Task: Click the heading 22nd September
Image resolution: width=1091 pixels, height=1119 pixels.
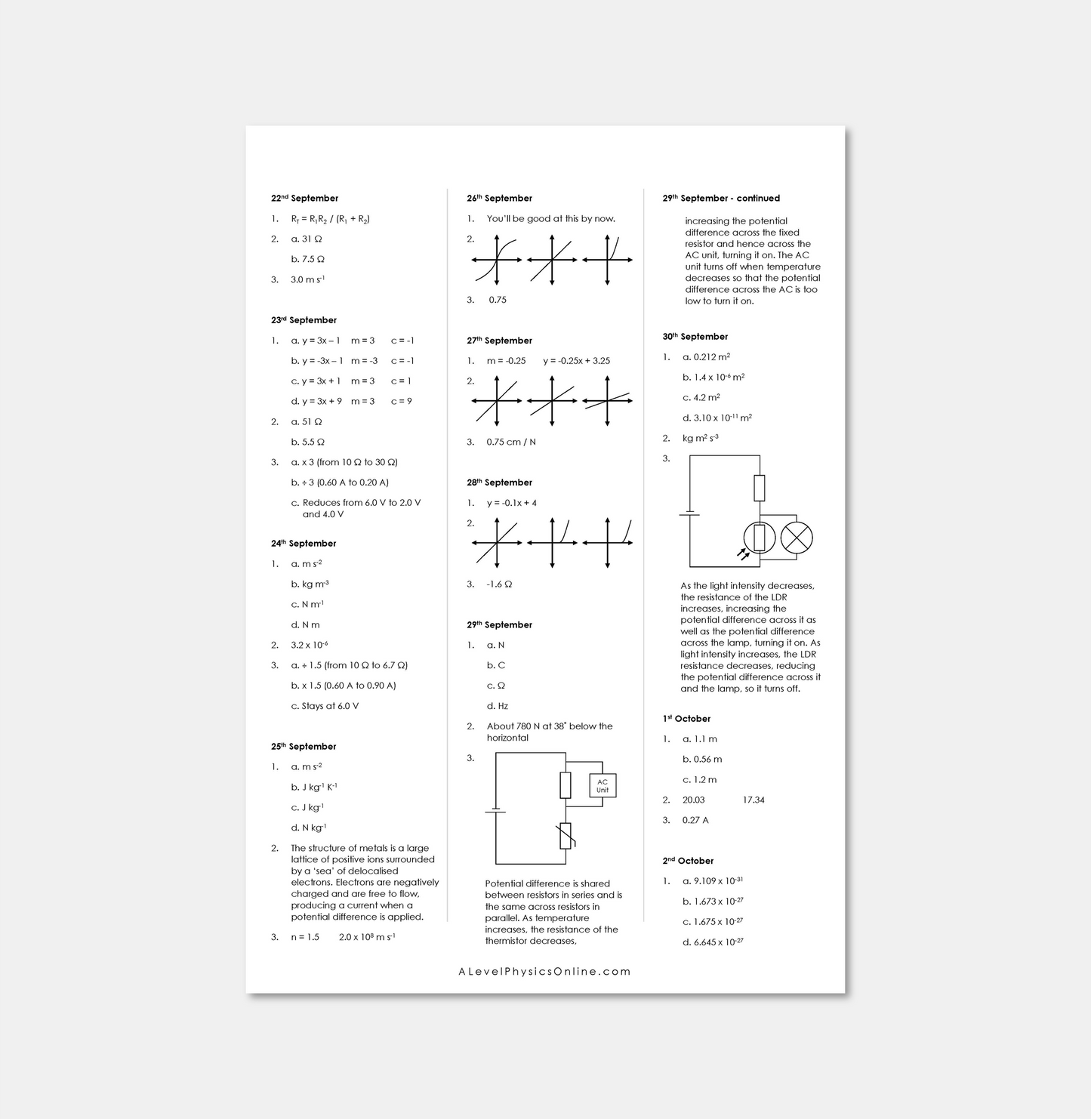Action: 304,199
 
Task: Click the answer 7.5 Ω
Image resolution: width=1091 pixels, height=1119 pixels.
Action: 308,259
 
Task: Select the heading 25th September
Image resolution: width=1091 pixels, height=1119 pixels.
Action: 304,747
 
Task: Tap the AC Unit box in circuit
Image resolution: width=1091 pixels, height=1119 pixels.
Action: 602,786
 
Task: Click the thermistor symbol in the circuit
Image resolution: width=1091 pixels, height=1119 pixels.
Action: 566,836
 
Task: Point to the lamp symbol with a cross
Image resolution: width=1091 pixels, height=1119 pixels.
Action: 796,538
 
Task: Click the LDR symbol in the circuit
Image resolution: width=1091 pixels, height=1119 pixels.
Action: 759,538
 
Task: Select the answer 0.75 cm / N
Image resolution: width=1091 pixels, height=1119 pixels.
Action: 511,442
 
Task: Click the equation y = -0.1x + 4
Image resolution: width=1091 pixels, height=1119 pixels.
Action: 511,503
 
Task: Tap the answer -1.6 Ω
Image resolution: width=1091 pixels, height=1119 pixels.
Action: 499,584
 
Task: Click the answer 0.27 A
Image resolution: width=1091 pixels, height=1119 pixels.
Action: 695,820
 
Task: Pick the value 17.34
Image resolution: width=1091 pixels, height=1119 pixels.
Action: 754,800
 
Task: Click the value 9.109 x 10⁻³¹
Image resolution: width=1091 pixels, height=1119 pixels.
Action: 713,881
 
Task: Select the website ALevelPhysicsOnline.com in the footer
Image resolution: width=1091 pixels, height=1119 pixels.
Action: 544,972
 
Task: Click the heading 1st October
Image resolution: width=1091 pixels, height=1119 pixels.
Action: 686,719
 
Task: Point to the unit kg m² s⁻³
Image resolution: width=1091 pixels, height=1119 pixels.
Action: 700,439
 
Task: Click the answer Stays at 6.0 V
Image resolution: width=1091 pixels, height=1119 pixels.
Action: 325,707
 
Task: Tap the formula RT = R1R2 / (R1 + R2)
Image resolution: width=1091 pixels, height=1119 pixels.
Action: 330,219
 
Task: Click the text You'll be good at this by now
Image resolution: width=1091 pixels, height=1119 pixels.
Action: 550,219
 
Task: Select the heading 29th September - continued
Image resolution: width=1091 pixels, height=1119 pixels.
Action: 721,199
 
